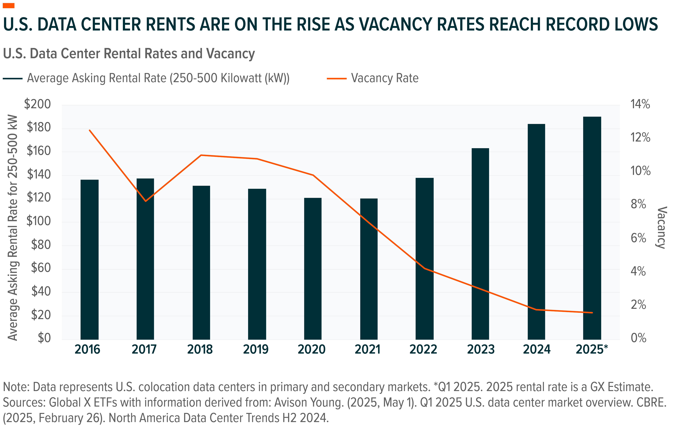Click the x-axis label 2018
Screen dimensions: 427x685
point(200,350)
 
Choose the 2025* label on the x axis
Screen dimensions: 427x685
point(592,350)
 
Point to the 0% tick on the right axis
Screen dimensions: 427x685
point(638,338)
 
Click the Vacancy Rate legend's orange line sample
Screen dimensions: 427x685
point(337,78)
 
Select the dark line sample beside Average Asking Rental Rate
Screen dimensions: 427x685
point(13,78)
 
